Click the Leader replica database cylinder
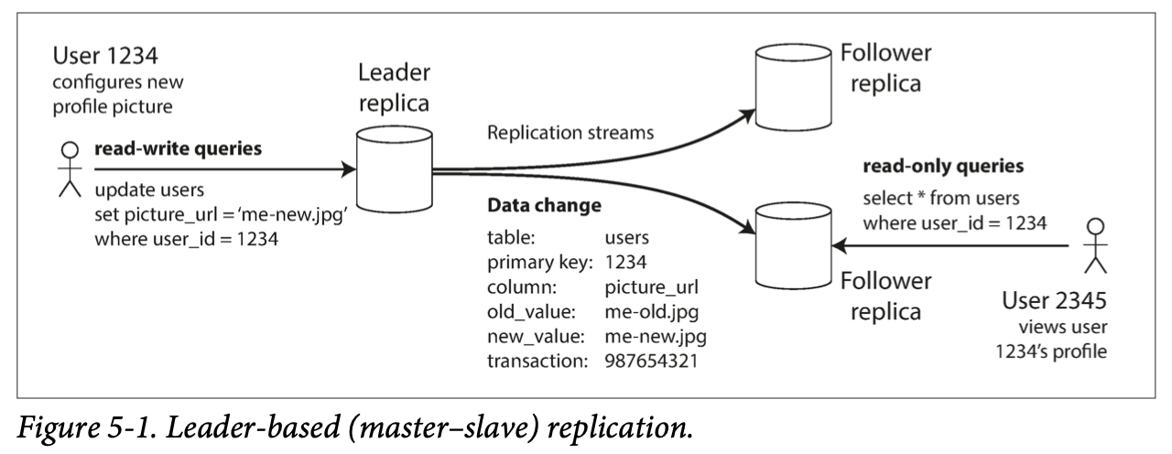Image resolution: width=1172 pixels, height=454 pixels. (x=394, y=169)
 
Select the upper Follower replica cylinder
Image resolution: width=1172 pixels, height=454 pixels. (x=793, y=87)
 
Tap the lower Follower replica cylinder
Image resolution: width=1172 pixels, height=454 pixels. (x=793, y=246)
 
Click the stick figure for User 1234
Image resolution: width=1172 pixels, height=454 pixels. (x=70, y=169)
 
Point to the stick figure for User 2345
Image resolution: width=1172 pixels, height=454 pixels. (x=1095, y=245)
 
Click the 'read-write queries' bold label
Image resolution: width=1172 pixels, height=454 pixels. (x=178, y=148)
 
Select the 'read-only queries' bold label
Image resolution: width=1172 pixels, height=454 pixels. (x=943, y=166)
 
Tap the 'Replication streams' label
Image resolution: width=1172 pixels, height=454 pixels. (x=570, y=133)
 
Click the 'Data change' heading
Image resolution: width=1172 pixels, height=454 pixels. (x=544, y=205)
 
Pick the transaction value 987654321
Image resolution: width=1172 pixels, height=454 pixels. (x=651, y=361)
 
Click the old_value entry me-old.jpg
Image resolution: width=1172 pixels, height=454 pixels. (x=651, y=312)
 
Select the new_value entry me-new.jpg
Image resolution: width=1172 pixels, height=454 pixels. (x=656, y=336)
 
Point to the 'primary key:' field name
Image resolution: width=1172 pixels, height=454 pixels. (x=540, y=262)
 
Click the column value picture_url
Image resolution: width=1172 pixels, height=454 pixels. (x=651, y=287)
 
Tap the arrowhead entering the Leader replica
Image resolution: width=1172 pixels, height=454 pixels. (x=348, y=169)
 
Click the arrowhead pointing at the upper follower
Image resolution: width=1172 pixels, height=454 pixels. (x=746, y=115)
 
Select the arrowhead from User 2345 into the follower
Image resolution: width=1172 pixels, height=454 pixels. (x=840, y=245)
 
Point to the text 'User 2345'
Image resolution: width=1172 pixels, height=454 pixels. (x=1054, y=300)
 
